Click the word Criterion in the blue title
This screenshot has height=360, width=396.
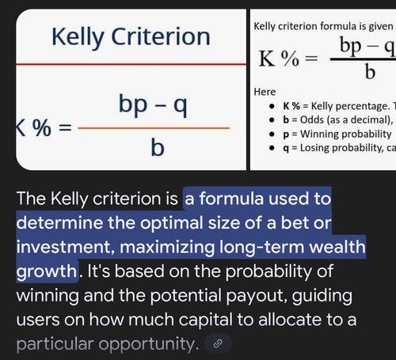click(x=161, y=36)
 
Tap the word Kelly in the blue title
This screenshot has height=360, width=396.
click(x=78, y=38)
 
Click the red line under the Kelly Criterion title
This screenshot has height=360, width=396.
click(x=131, y=64)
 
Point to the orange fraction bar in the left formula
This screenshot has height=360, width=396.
click(x=154, y=128)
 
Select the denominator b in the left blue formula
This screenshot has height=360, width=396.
click(x=158, y=147)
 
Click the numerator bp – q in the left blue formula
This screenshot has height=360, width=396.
click(x=153, y=104)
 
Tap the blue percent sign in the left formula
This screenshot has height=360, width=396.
click(x=42, y=127)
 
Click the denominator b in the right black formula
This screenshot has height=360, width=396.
click(x=370, y=72)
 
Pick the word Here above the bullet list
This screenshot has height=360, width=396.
click(x=265, y=92)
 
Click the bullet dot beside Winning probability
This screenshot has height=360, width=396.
click(x=272, y=134)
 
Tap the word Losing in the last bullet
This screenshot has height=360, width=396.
click(x=314, y=148)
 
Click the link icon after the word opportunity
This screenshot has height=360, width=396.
click(x=218, y=343)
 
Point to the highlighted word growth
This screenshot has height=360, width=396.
click(x=47, y=271)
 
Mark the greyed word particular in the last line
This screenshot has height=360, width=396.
click(x=55, y=344)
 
